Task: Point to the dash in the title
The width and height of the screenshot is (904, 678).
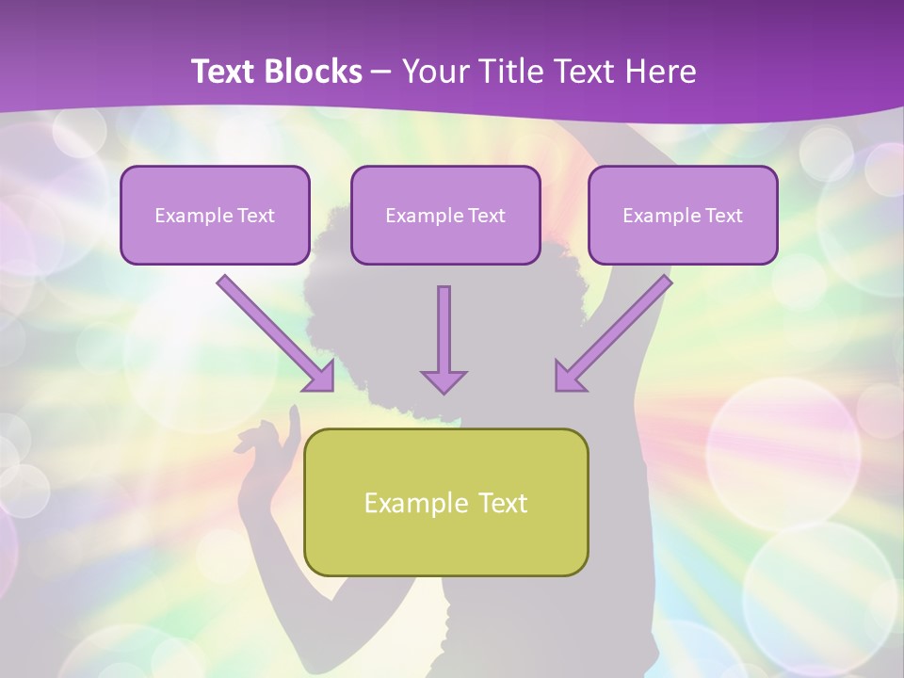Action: (x=381, y=73)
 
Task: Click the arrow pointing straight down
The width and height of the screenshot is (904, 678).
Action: (x=444, y=330)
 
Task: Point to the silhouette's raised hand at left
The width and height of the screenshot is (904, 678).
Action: (x=268, y=443)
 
